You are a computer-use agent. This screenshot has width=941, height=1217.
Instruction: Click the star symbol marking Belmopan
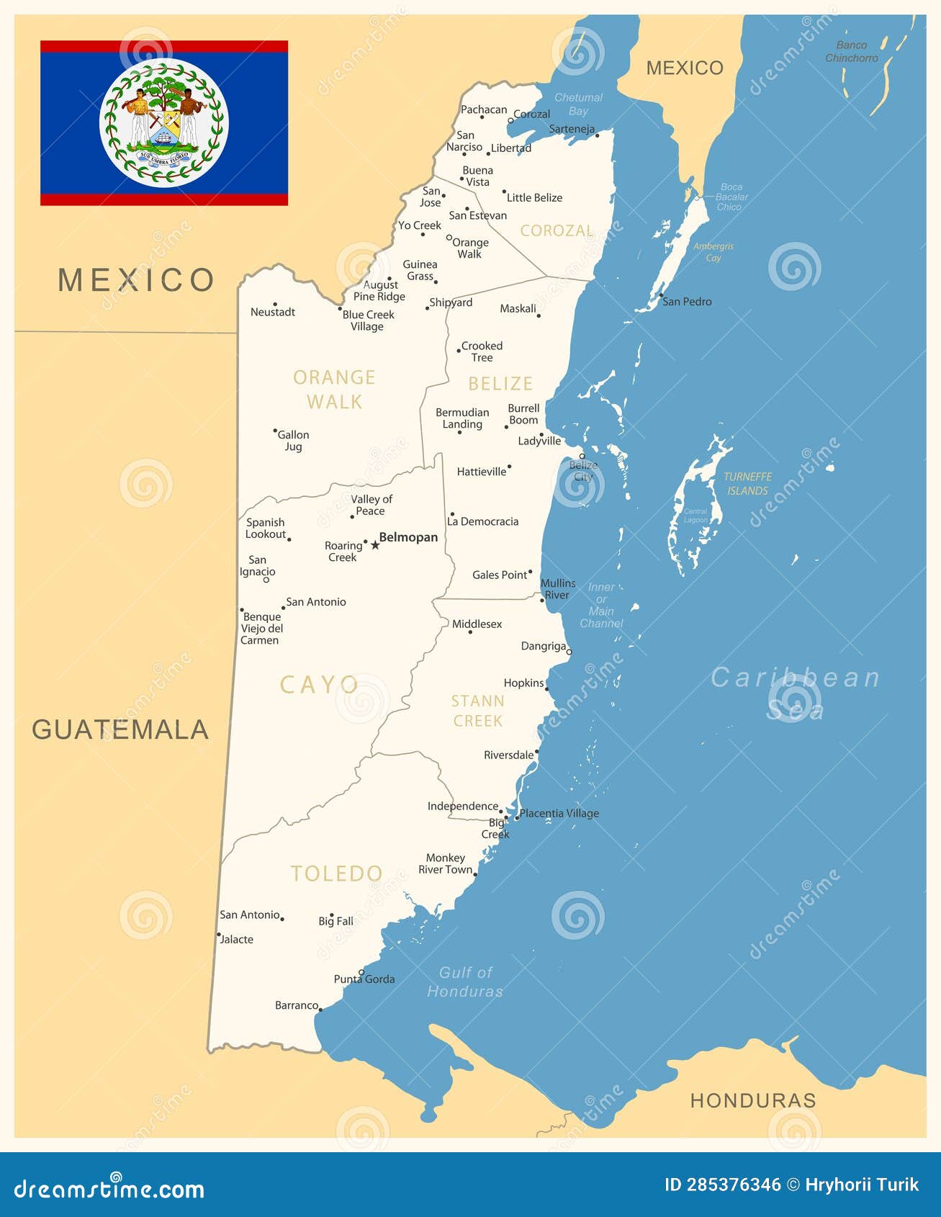coord(375,545)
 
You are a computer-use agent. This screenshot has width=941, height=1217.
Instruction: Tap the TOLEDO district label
coord(336,874)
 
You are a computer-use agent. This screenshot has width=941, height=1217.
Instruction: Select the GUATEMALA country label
coord(120,729)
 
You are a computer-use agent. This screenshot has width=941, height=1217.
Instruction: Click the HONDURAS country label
coord(753,1100)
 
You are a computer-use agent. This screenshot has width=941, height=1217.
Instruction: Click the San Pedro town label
coord(686,302)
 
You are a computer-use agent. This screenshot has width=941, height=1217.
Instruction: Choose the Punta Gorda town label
coord(364,979)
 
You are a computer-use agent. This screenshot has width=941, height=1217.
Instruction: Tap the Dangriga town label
coord(544,646)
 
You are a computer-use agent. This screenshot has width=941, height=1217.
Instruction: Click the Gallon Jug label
coord(293,440)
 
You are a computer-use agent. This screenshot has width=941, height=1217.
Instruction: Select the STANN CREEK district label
coord(478,711)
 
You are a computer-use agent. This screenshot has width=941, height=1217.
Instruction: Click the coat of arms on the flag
coord(164,122)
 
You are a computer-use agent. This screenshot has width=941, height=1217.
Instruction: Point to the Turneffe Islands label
coord(747,483)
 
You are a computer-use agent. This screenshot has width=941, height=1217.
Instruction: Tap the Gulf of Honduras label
coord(465,982)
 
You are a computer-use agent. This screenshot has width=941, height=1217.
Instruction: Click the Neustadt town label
coord(273,312)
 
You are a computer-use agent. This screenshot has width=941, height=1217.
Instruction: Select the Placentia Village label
coord(559,813)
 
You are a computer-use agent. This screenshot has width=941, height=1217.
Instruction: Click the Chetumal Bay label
coord(578,104)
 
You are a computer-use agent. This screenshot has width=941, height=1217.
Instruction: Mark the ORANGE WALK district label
coord(334,389)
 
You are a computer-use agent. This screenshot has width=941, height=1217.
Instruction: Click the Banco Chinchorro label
coord(852,51)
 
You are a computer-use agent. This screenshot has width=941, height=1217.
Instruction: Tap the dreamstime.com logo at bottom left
coord(109,1188)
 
